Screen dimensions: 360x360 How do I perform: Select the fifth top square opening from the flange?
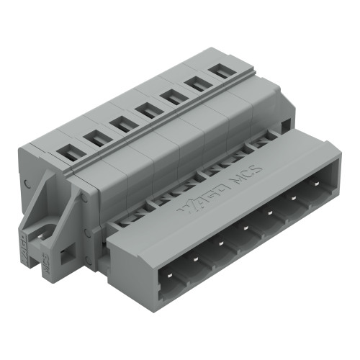click(x=172, y=96)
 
